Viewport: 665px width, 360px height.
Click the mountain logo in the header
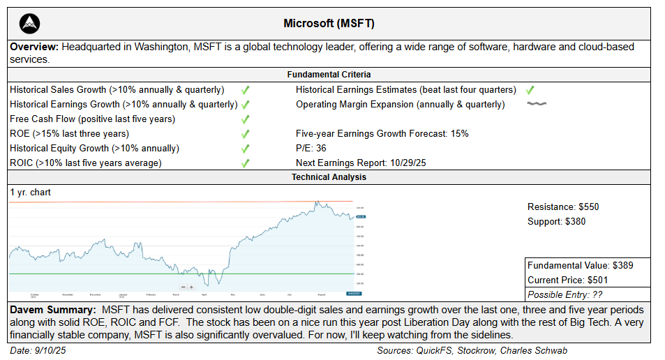coord(29,24)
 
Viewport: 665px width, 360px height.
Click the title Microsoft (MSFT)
coord(329,24)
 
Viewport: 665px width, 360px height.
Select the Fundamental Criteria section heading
coord(329,74)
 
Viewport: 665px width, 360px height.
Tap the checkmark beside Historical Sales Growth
coord(245,90)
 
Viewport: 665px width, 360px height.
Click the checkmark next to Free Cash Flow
coord(245,119)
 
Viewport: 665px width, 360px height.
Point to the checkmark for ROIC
coord(245,163)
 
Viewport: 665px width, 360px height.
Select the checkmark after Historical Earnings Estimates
coord(530,90)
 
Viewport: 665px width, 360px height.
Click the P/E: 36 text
coord(311,148)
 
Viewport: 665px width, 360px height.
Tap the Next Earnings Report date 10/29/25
coord(414,163)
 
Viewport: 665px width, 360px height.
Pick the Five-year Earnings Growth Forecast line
coord(382,133)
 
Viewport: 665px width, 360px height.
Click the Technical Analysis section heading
coord(329,177)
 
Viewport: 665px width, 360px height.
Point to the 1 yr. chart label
coord(30,192)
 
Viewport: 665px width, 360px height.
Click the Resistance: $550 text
coord(563,207)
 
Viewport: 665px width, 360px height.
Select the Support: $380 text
coord(556,221)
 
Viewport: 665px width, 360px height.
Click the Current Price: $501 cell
coord(571,280)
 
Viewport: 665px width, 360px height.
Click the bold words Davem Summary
coord(52,308)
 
